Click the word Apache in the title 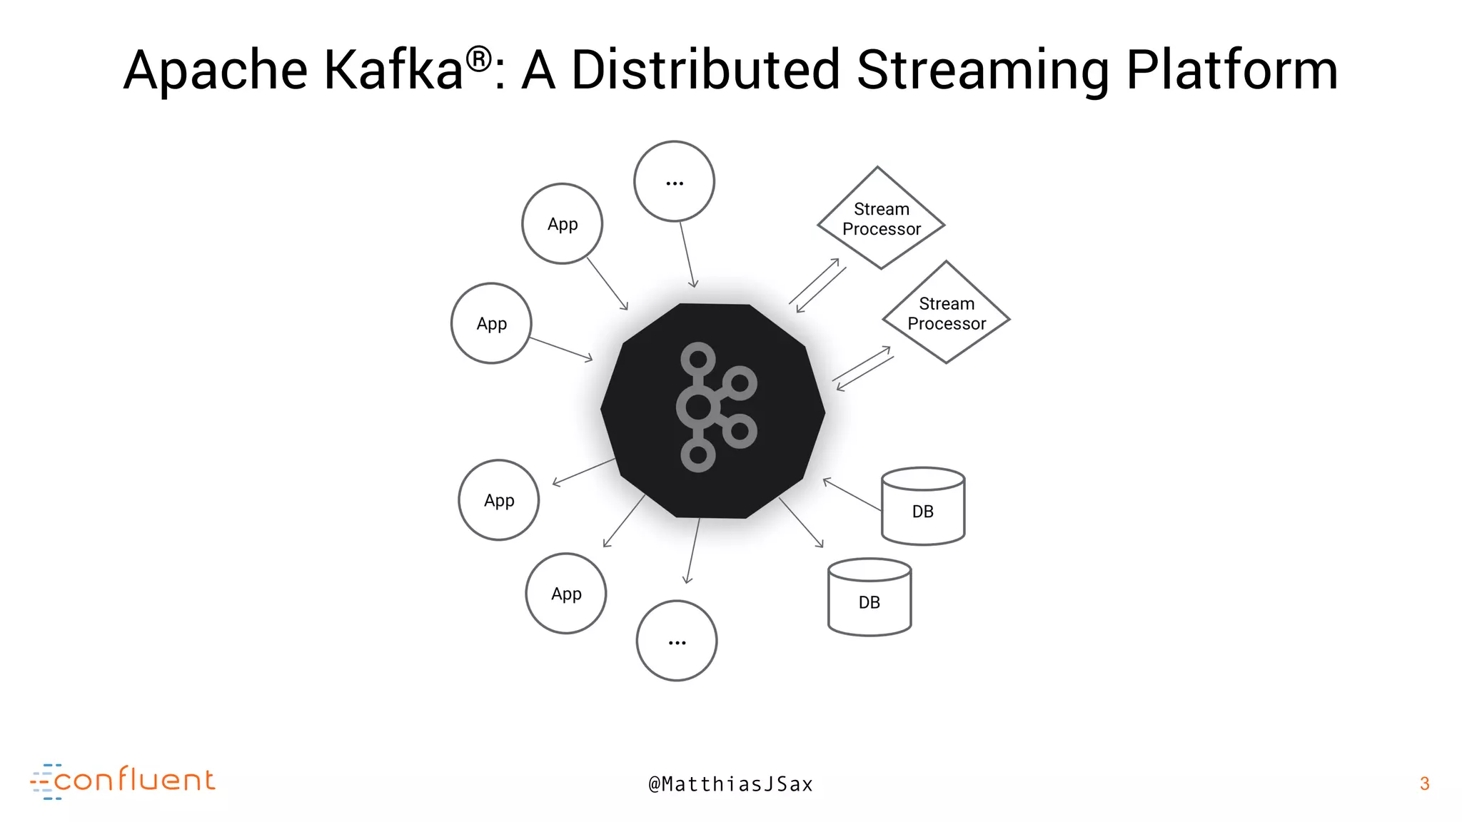tap(216, 71)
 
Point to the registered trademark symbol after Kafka tap(479, 59)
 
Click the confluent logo tap(123, 781)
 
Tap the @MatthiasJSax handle tap(730, 784)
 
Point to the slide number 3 tap(1424, 783)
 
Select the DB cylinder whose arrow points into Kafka tap(923, 506)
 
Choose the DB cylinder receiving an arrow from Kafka tap(869, 597)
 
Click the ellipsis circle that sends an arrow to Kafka tap(674, 181)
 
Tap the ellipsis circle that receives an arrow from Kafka tap(677, 641)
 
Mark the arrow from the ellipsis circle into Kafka tap(687, 255)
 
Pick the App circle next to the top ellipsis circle tap(563, 224)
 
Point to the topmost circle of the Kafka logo tap(698, 358)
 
